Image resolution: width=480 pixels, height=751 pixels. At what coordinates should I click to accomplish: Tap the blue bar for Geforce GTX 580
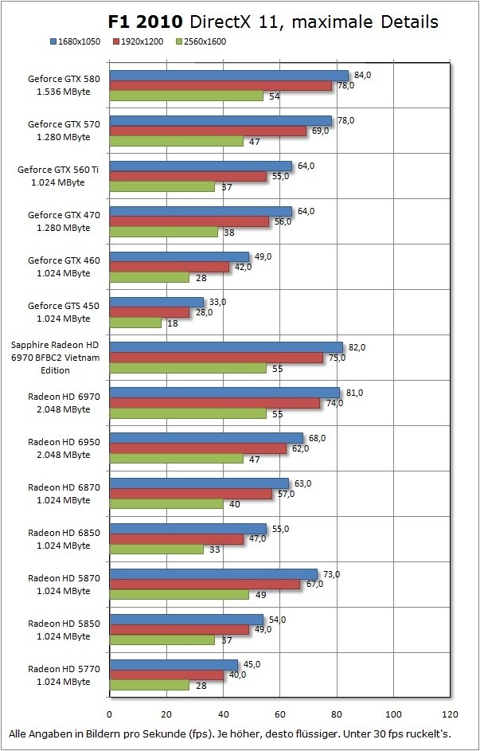click(x=228, y=76)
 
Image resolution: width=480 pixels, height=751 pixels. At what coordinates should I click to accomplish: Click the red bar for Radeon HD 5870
click(x=205, y=585)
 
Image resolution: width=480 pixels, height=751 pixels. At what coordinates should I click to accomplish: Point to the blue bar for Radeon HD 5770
click(x=173, y=665)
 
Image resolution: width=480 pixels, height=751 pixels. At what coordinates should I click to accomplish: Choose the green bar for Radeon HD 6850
click(x=156, y=549)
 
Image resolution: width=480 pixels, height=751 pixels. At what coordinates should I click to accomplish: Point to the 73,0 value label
click(x=332, y=574)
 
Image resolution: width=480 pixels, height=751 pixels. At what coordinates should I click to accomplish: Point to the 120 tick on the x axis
click(x=451, y=713)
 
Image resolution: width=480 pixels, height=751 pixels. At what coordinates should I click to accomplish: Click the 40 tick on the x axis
click(x=223, y=713)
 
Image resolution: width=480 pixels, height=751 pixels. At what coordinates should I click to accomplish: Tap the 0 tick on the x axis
click(x=109, y=713)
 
